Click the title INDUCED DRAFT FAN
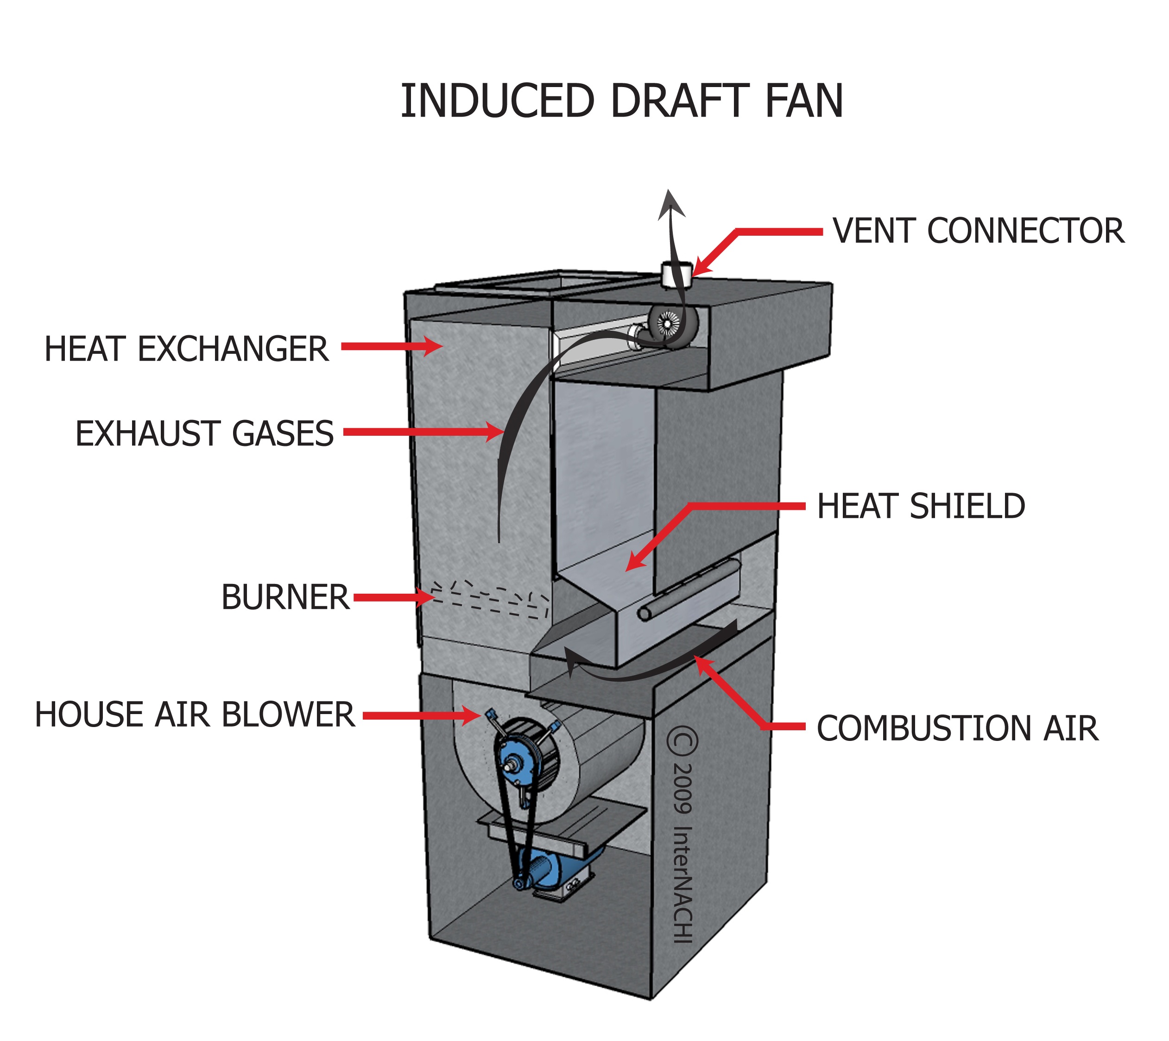tap(621, 102)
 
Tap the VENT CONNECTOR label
tap(979, 231)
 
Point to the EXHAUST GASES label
tap(204, 433)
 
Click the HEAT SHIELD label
tap(921, 506)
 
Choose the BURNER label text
tap(285, 598)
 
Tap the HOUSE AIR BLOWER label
tap(195, 715)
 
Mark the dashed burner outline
tap(490, 601)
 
